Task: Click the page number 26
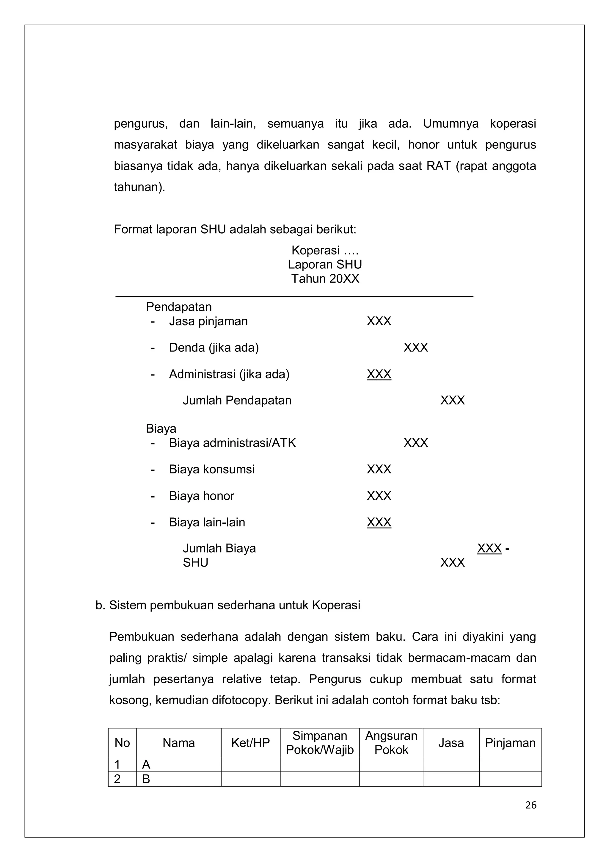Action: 530,805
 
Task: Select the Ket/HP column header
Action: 250,743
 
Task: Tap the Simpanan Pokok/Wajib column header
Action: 319,743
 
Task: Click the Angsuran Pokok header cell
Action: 391,743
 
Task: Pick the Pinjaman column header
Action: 510,743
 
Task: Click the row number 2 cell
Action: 122,779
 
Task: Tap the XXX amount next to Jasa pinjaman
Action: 379,321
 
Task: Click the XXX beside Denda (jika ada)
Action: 415,348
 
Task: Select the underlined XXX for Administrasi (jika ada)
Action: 379,374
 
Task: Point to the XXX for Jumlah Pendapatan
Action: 452,401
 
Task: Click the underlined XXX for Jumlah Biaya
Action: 489,548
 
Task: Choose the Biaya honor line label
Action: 202,496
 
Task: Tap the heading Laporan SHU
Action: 325,265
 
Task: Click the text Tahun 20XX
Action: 325,279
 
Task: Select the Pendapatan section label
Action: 179,307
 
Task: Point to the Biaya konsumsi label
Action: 212,469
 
